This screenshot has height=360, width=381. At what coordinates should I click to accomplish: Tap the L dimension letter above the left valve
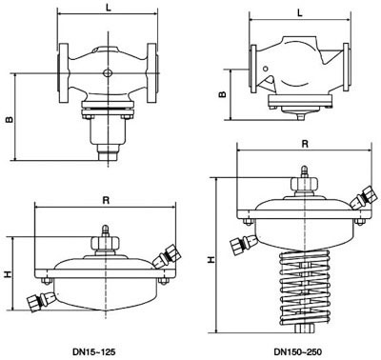coord(107,7)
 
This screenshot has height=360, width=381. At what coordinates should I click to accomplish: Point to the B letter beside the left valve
coord(9,121)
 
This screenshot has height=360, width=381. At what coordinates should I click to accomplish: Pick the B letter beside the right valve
coord(221,94)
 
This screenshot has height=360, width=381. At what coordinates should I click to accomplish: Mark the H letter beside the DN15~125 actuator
coord(7,274)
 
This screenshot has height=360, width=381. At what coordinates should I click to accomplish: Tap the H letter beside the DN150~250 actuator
coord(209,257)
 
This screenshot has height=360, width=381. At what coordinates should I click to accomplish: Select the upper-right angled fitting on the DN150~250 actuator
coord(361,198)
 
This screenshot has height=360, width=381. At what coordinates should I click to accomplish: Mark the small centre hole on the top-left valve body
coord(107,71)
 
